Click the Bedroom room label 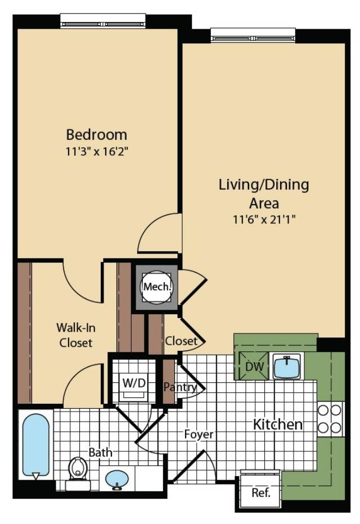pos(96,135)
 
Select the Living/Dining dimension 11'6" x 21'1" pos(264,219)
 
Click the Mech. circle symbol pos(157,287)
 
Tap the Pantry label pos(179,387)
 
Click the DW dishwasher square pos(251,366)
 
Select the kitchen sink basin pos(287,366)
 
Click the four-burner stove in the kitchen pos(330,419)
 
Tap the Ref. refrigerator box pos(260,493)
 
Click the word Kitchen pos(277,424)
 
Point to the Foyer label pos(199,435)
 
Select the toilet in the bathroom pos(78,469)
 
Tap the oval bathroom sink pos(117,480)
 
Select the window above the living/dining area pos(253,35)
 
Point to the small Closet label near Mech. pos(181,341)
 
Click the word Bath pos(100,452)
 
